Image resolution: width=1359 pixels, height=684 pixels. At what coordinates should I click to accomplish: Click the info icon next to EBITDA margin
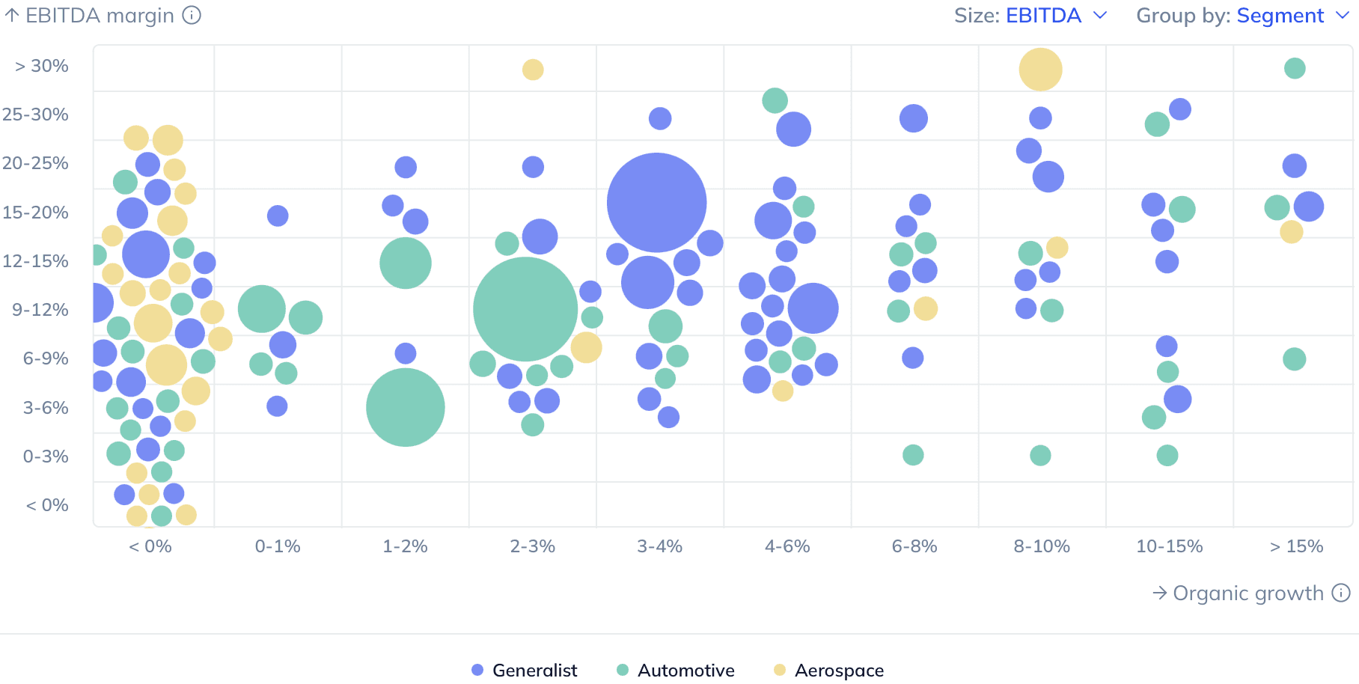(192, 15)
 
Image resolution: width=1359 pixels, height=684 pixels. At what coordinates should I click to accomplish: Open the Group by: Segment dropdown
(1242, 16)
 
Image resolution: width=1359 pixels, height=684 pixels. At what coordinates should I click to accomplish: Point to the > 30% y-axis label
(42, 66)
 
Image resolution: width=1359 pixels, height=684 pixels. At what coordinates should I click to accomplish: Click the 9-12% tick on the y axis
(40, 310)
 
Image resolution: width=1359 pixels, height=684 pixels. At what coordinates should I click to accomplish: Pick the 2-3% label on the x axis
(532, 546)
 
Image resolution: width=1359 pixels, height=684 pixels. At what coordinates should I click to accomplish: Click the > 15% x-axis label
(1296, 546)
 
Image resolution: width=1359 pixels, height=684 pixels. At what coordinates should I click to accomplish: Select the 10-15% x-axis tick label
(1169, 546)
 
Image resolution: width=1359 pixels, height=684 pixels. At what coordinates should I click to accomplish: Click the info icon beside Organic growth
(1341, 593)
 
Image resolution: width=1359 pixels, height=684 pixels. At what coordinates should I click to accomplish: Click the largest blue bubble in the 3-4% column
(656, 202)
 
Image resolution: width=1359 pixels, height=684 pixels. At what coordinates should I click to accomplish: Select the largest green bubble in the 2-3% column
(525, 309)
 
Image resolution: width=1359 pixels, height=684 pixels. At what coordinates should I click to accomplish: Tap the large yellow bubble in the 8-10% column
(1040, 70)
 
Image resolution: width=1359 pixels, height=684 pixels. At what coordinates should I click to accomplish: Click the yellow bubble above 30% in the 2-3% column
(533, 70)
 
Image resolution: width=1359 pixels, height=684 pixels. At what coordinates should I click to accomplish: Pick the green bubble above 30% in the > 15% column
(1295, 68)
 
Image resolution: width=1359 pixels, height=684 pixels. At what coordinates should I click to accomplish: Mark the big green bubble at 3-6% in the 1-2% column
(405, 407)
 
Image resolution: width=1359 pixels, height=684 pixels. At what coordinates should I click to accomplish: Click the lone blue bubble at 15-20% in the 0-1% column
(278, 216)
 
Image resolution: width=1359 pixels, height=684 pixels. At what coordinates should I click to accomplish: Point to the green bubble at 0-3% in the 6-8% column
(913, 454)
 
